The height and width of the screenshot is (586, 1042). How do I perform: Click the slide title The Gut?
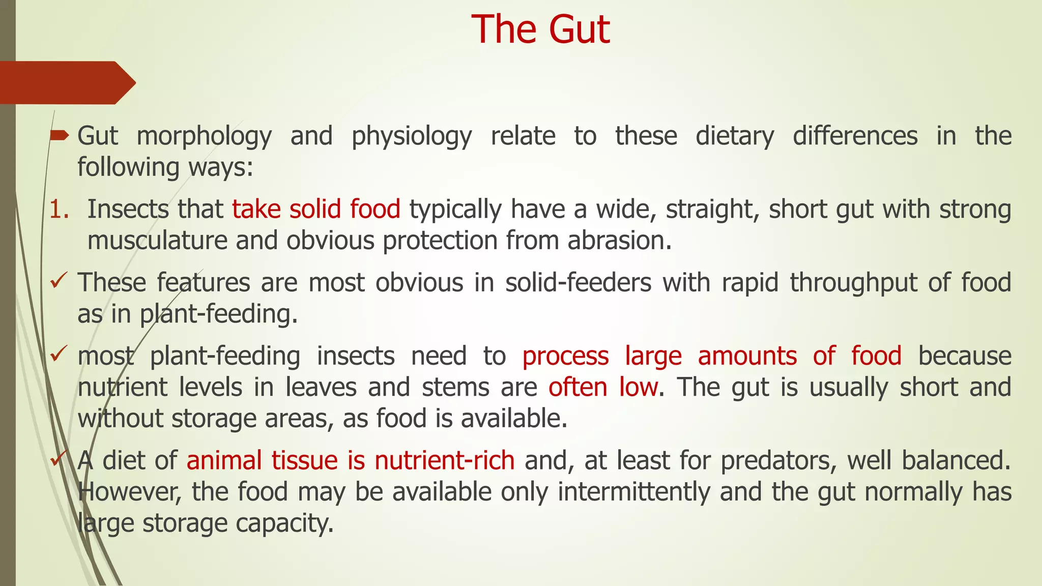(x=540, y=30)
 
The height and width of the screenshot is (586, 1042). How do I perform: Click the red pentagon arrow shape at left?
(x=66, y=82)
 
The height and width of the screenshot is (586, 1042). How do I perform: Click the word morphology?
(x=204, y=136)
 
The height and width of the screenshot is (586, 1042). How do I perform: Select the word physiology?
(x=412, y=136)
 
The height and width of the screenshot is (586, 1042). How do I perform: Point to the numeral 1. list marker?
(x=59, y=210)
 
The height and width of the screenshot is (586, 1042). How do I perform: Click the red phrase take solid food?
(x=316, y=210)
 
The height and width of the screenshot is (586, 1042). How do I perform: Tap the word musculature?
(x=157, y=241)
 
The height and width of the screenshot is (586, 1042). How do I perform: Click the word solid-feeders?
(x=578, y=283)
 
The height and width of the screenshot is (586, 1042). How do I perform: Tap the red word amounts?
(x=747, y=356)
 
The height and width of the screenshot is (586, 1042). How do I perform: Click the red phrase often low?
(x=603, y=387)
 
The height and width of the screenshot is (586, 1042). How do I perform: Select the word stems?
(x=455, y=387)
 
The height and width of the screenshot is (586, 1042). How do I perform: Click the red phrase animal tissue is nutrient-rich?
(x=351, y=460)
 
